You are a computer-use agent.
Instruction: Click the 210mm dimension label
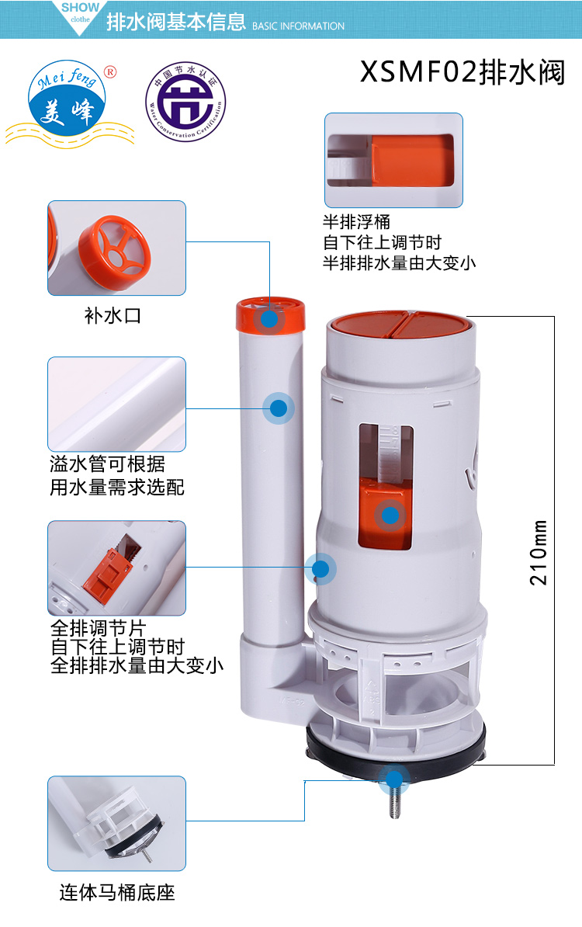click(x=539, y=552)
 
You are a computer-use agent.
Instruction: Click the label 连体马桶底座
click(x=117, y=892)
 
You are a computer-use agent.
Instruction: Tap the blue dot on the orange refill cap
click(x=269, y=318)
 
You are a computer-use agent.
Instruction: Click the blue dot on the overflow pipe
click(x=278, y=408)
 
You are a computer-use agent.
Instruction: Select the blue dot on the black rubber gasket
click(x=395, y=779)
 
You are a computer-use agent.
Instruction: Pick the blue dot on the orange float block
click(x=390, y=514)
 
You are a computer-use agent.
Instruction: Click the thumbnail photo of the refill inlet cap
click(x=117, y=248)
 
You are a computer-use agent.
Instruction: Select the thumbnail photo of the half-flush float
click(x=393, y=160)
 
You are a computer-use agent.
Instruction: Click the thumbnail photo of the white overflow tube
click(x=117, y=404)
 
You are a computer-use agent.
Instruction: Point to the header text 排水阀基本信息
click(x=175, y=23)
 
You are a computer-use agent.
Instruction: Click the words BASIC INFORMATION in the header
click(x=299, y=26)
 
